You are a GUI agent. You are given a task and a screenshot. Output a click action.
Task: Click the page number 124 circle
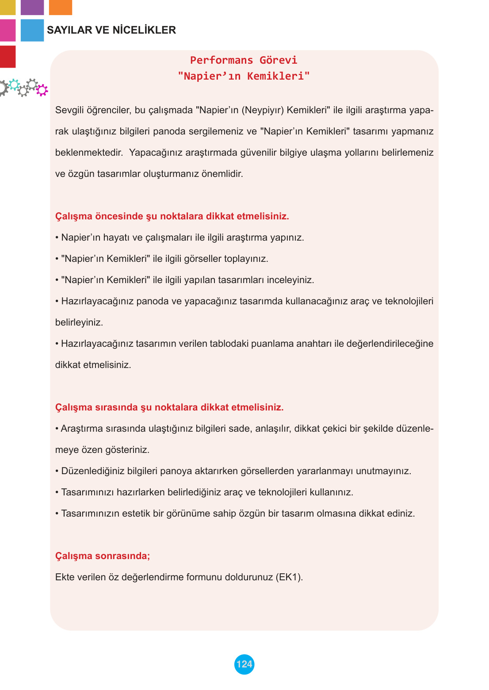point(244,664)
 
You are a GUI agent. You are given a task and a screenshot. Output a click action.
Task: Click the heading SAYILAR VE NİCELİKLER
point(111,30)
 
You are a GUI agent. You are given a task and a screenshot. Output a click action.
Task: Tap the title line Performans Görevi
point(244,60)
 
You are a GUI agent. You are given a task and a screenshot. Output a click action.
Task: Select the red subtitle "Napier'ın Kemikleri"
point(244,76)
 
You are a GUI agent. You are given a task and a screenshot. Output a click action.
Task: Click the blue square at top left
point(32,30)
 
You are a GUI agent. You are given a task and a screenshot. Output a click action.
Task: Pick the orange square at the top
point(60,7)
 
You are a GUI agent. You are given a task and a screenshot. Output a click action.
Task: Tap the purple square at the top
point(32,7)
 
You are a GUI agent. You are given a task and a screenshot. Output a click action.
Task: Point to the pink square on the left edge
point(7,30)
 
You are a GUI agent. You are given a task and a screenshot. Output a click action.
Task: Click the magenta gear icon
point(42,90)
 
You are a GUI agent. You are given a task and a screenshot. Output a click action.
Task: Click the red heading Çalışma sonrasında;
point(103,556)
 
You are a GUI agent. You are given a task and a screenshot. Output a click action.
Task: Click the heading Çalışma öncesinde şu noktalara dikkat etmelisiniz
point(172,216)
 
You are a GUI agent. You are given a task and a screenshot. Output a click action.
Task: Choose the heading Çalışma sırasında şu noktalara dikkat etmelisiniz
point(169,407)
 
